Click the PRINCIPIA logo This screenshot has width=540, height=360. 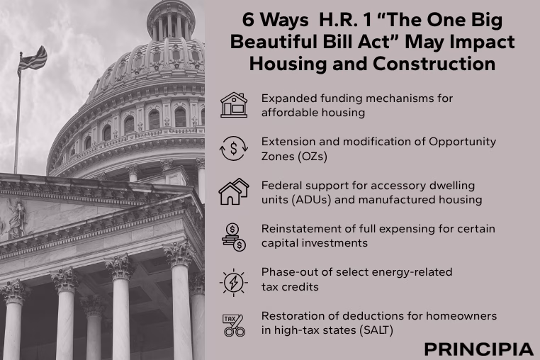[478, 349]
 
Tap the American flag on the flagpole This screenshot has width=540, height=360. [33, 61]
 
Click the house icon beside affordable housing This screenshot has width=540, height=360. [234, 105]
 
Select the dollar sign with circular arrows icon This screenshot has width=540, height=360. [234, 149]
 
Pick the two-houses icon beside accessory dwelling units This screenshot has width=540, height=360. [234, 191]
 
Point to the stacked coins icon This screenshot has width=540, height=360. [234, 237]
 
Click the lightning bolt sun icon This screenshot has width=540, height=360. [233, 283]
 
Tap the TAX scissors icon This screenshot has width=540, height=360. [234, 325]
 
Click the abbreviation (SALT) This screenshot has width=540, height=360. [376, 330]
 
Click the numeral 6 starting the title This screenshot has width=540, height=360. [248, 20]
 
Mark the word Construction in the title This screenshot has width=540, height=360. [434, 64]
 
